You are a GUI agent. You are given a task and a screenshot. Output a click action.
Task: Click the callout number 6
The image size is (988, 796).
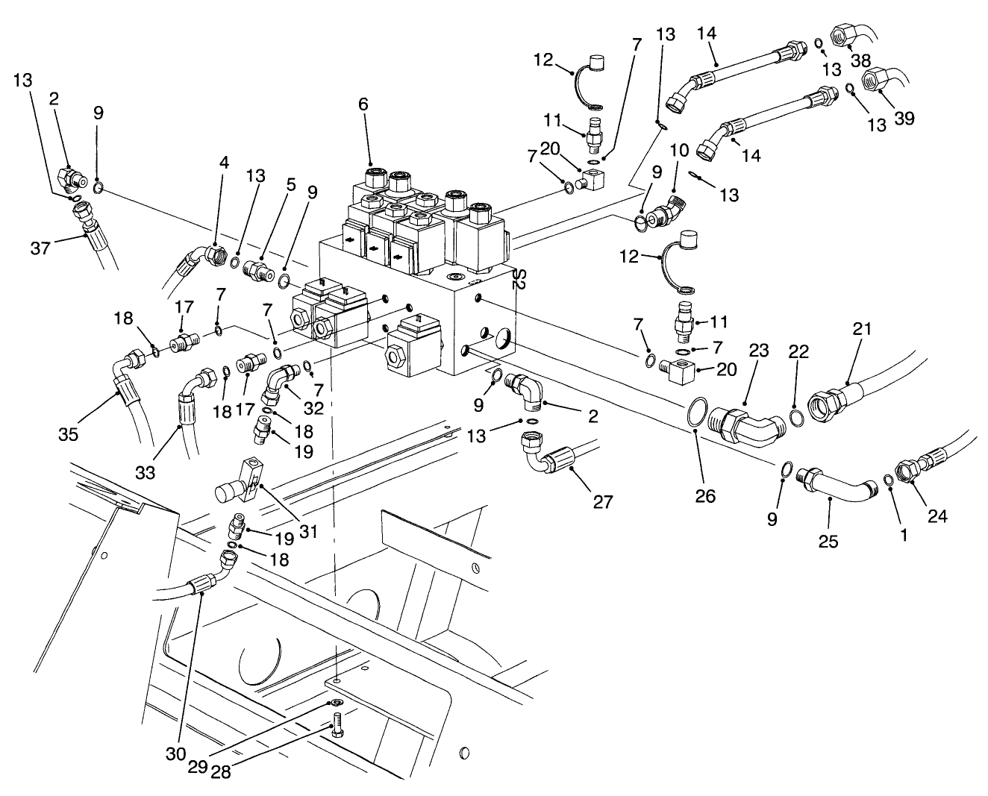(363, 104)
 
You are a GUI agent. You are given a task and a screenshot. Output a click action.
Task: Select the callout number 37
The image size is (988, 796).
(42, 246)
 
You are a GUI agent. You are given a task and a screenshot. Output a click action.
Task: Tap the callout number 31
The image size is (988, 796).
(308, 531)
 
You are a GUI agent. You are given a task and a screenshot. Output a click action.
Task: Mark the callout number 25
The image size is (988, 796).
(828, 541)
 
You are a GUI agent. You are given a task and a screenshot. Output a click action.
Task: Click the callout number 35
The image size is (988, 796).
(69, 434)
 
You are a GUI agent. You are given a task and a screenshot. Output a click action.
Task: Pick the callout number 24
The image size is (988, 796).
(937, 515)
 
